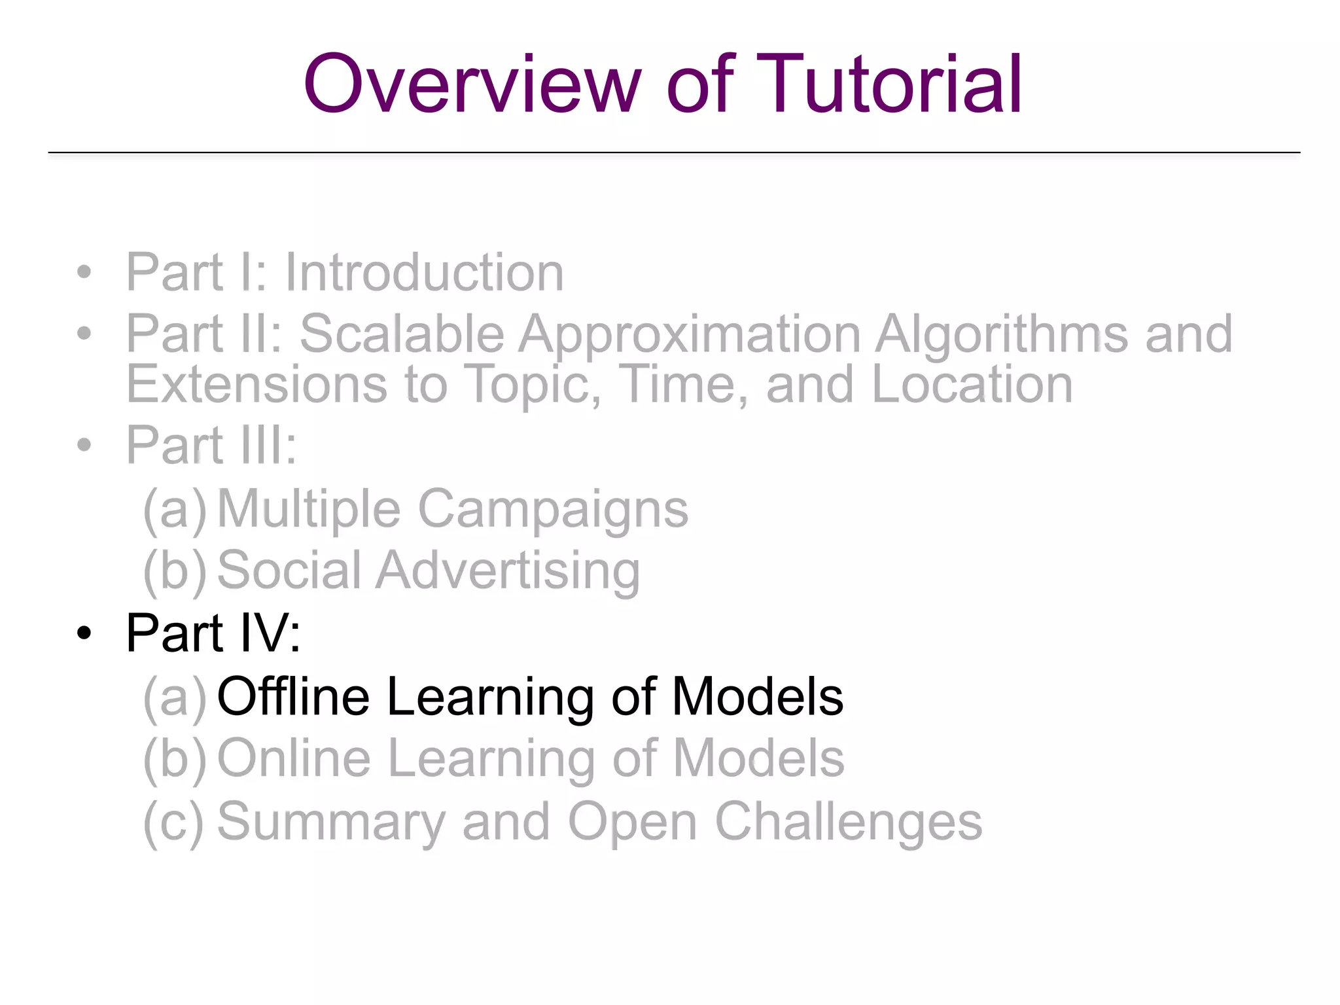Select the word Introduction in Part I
click(424, 272)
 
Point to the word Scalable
click(401, 334)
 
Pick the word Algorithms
click(1001, 334)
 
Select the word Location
click(972, 385)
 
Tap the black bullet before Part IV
click(84, 633)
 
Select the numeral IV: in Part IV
click(270, 633)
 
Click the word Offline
click(293, 696)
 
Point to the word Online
click(294, 758)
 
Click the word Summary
click(330, 822)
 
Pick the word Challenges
click(848, 822)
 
